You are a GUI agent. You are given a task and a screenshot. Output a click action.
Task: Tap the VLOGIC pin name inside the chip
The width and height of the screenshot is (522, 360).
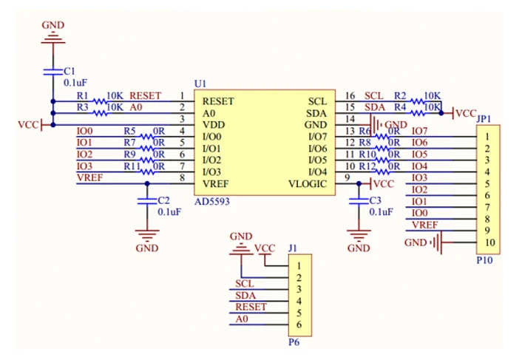tap(307, 184)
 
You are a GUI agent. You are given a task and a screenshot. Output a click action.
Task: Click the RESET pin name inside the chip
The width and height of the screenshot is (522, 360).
tap(218, 101)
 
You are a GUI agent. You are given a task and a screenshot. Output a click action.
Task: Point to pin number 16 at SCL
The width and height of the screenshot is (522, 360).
tap(350, 96)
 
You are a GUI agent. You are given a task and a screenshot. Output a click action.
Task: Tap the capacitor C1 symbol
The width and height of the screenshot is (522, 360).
tap(52, 71)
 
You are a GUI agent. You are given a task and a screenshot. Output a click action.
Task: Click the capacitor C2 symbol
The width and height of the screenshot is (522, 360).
tap(147, 200)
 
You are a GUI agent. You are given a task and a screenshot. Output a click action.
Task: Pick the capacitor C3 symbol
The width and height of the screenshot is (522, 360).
tap(359, 200)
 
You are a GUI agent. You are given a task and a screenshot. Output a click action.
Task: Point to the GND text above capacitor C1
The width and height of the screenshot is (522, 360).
tap(52, 25)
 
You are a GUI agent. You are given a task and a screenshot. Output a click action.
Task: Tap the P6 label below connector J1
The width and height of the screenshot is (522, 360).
tap(294, 342)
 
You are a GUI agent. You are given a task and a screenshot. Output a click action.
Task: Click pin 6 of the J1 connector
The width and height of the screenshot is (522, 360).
tap(298, 325)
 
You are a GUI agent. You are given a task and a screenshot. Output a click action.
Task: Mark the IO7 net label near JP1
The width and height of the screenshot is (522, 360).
tap(419, 131)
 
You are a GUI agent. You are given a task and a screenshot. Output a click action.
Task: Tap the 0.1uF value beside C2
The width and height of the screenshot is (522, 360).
tap(170, 211)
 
